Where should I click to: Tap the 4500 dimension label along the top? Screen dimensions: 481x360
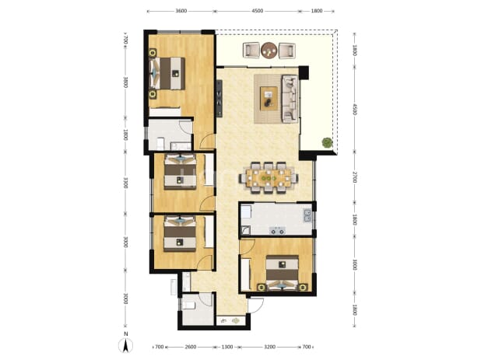pyautogui.click(x=257, y=11)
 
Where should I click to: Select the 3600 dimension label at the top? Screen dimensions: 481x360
pyautogui.click(x=181, y=11)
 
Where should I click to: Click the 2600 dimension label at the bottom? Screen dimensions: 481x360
pyautogui.click(x=191, y=347)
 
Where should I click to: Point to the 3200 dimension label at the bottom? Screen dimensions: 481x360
pyautogui.click(x=269, y=347)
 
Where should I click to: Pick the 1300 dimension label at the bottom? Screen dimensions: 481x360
pyautogui.click(x=227, y=347)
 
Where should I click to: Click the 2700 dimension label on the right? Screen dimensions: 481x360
pyautogui.click(x=354, y=177)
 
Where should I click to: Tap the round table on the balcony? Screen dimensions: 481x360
pyautogui.click(x=269, y=50)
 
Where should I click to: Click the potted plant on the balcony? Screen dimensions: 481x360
pyautogui.click(x=328, y=142)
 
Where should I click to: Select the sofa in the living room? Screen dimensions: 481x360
pyautogui.click(x=290, y=99)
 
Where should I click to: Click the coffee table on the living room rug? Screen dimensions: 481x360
pyautogui.click(x=269, y=98)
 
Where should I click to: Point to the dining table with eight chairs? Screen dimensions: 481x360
pyautogui.click(x=269, y=178)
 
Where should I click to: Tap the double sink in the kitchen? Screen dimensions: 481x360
pyautogui.click(x=307, y=215)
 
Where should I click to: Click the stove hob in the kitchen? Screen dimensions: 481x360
pyautogui.click(x=277, y=230)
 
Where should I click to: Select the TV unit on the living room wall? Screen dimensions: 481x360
pyautogui.click(x=219, y=98)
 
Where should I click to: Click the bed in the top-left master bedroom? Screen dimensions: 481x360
pyautogui.click(x=167, y=74)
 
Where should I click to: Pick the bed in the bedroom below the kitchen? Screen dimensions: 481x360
pyautogui.click(x=282, y=273)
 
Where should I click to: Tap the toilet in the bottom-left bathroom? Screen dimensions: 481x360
pyautogui.click(x=189, y=305)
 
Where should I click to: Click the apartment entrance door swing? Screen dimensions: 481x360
pyautogui.click(x=256, y=305)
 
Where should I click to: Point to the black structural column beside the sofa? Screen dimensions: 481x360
pyautogui.click(x=304, y=72)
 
